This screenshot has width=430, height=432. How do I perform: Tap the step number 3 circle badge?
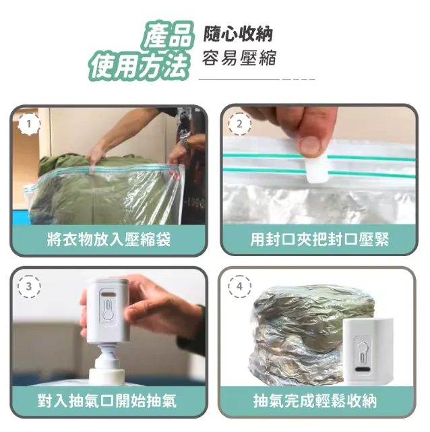[x=28, y=286]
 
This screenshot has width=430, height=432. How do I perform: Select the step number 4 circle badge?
[x=239, y=286]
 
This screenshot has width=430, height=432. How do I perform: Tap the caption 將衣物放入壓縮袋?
[x=108, y=239]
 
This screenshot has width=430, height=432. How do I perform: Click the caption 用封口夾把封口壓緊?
[x=319, y=239]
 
